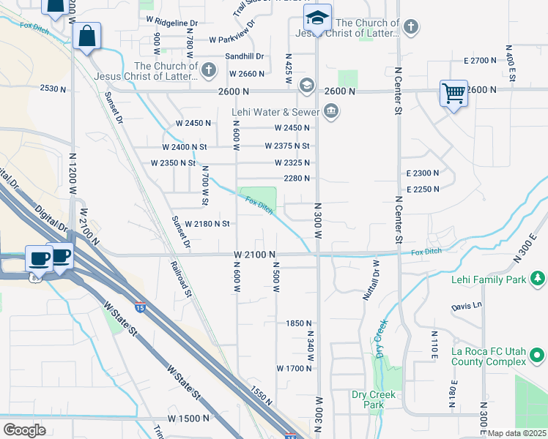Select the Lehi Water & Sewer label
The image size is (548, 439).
(x=275, y=111)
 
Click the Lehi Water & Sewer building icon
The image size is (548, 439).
(x=331, y=111)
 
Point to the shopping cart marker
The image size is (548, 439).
(x=453, y=94)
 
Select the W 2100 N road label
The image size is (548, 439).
(x=254, y=254)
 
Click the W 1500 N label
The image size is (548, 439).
(x=188, y=419)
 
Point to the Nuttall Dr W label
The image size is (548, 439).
(x=371, y=280)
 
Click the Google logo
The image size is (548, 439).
(x=23, y=430)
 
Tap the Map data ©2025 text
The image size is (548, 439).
(x=517, y=433)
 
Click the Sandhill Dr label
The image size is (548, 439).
(x=244, y=56)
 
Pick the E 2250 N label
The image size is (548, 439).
(x=422, y=189)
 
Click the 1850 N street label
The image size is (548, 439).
(x=299, y=323)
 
